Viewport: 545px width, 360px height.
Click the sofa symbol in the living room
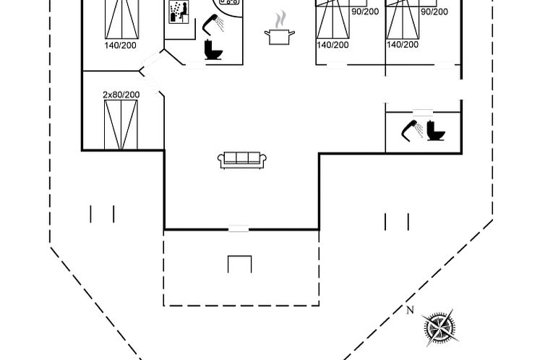click(242, 160)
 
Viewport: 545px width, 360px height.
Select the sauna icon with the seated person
click(179, 12)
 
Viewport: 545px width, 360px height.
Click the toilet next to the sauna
click(213, 50)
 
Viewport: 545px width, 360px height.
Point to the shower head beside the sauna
click(213, 24)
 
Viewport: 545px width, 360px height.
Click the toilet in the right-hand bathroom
click(436, 131)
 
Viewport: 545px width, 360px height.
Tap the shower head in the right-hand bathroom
click(412, 131)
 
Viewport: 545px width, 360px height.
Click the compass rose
click(439, 327)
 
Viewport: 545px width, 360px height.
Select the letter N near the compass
click(410, 310)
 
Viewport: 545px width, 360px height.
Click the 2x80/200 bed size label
click(121, 95)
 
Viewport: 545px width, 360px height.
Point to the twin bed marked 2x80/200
click(121, 125)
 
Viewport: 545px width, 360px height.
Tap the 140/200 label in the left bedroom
click(120, 45)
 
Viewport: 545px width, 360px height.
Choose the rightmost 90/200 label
click(434, 12)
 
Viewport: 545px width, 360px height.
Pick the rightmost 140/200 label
click(403, 45)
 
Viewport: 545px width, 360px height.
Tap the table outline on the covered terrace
click(239, 264)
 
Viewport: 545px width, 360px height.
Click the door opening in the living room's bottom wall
click(239, 228)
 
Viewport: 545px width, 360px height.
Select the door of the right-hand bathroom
click(422, 112)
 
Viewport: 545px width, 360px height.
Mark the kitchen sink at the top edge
click(229, 2)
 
